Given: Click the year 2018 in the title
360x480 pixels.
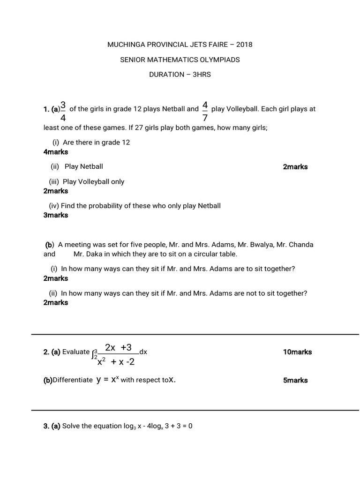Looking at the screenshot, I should click(245, 45).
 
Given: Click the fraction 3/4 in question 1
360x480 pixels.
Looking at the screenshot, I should click(63, 111).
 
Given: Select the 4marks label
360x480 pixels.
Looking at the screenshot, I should click(55, 152).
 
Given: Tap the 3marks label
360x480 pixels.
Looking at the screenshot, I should click(55, 215).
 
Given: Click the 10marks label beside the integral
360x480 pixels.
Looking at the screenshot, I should click(297, 352).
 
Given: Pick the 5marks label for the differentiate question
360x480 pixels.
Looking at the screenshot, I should click(295, 380).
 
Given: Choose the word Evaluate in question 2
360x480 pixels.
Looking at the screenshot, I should click(76, 352).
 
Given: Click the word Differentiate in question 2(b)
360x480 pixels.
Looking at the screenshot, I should click(73, 380).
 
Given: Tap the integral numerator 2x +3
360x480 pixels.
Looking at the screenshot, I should click(119, 347).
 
